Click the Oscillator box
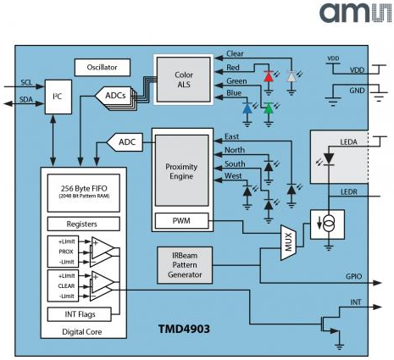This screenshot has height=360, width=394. pos(103,68)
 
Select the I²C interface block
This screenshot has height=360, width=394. pos(58,97)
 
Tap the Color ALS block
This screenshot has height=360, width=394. pos(184,80)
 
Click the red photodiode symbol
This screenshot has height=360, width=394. pos(269,76)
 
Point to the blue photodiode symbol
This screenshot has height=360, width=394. pos(247,108)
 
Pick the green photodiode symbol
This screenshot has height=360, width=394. pos(269,108)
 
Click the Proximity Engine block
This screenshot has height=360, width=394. pos(182,170)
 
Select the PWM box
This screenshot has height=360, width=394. pos(181,221)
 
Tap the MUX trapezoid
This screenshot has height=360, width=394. pos(288,242)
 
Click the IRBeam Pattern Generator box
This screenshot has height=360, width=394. pos(185,265)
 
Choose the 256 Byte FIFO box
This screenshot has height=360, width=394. pos(84,193)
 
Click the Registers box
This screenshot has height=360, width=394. pos(84,224)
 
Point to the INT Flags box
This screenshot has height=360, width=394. pos(80,314)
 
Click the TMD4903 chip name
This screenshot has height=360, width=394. pos(184,329)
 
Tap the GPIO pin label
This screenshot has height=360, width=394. pos(353,276)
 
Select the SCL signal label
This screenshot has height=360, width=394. pos(26,82)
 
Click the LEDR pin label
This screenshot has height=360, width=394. pos(349,192)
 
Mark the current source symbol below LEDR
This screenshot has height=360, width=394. pos(328,224)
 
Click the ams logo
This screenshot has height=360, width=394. pos(356,13)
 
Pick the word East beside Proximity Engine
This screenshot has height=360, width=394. pos(231,136)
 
